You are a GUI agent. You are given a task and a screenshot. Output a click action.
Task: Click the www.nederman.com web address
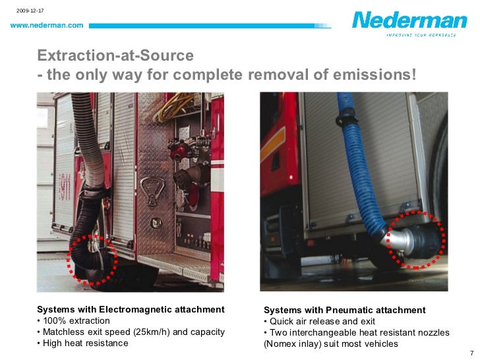46,26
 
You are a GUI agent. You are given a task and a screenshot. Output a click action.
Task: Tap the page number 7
471,353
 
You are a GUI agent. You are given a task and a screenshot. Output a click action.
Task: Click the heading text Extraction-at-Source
115,55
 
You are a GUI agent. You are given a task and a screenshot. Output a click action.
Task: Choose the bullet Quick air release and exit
317,321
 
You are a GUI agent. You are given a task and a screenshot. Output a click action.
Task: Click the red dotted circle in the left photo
92,258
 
